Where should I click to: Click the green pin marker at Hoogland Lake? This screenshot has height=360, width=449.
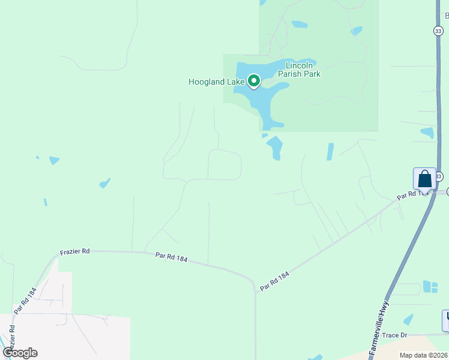click(254, 80)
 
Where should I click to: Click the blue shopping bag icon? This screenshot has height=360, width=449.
click(424, 179)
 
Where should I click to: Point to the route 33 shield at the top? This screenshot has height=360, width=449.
click(439, 31)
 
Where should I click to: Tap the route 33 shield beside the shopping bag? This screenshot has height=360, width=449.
click(439, 176)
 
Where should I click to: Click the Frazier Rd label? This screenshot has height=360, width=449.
click(74, 251)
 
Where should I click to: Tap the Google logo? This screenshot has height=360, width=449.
click(20, 353)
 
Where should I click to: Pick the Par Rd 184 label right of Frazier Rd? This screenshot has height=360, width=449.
click(171, 257)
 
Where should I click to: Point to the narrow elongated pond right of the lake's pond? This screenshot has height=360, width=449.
click(330, 152)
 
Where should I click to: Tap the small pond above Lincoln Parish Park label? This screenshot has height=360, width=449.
click(299, 25)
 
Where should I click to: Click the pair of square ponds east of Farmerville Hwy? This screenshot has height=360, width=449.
click(430, 287)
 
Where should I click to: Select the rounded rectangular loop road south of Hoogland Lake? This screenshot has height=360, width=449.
click(224, 164)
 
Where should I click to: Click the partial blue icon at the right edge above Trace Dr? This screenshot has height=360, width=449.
click(445, 320)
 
